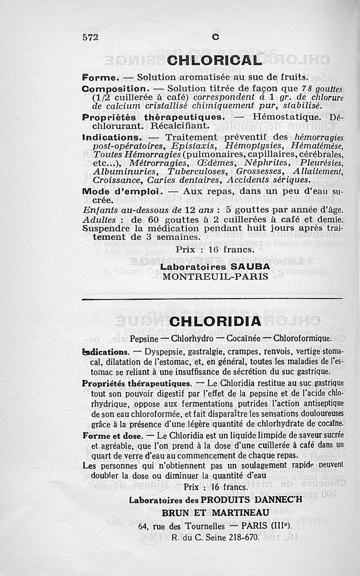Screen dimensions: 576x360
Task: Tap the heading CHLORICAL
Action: click(x=214, y=60)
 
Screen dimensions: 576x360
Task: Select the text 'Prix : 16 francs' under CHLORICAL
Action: click(x=215, y=249)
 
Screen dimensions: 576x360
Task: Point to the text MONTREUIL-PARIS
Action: click(x=215, y=276)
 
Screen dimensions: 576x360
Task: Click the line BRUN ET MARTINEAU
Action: click(x=215, y=513)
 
